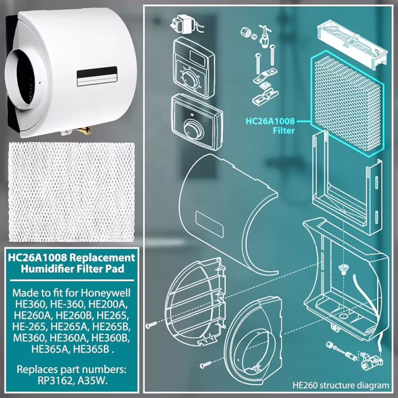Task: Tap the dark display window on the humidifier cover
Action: coord(97,77)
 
